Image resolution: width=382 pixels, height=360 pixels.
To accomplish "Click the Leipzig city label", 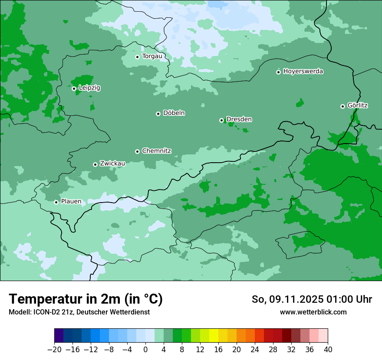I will (89, 88).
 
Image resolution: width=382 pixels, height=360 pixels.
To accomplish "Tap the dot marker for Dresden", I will (221, 120).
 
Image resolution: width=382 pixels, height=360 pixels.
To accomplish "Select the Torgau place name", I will (152, 56).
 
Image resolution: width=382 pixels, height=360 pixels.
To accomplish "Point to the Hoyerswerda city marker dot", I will (278, 72).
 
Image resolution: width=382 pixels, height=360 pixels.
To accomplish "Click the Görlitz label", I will (358, 105).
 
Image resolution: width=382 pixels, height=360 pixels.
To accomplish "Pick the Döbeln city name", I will (174, 113).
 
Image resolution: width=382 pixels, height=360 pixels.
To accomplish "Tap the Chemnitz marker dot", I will (137, 151).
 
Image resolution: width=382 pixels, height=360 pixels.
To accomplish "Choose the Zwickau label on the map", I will (112, 164).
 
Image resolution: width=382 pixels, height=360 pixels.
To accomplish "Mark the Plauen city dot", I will (56, 202).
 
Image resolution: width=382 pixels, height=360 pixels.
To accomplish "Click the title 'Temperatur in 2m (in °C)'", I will (86, 299).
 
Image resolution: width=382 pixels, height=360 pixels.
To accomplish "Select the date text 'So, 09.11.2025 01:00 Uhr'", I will (312, 299).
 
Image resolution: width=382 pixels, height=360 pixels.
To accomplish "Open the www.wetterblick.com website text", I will (313, 312).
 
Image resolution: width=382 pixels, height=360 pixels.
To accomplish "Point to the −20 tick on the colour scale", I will (54, 350).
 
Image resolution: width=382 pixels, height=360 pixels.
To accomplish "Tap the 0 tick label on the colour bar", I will (145, 350).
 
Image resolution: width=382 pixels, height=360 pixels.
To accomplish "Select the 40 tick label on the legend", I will (328, 350).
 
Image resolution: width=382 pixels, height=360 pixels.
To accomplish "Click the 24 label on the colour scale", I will (255, 350).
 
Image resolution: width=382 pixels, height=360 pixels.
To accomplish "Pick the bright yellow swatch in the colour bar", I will (214, 336).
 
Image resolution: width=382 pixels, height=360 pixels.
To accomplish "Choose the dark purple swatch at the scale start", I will (59, 336).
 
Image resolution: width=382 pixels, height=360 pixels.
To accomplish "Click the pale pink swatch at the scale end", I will (323, 336).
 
